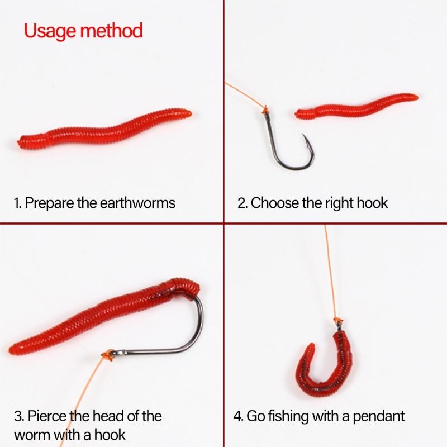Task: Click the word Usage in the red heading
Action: coord(50,31)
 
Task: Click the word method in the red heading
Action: coord(111,30)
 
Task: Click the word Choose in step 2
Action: coord(275,203)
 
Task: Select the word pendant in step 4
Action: coord(379,416)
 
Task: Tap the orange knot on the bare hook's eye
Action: coord(265,108)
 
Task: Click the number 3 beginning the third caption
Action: coord(18,416)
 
